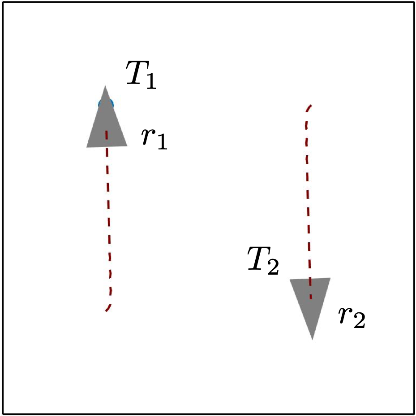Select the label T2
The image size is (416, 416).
(x=263, y=260)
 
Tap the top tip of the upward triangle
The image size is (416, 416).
(x=105, y=86)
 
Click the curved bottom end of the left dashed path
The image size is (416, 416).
(x=107, y=310)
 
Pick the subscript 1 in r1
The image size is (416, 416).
(x=162, y=142)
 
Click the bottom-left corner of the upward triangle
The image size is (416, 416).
(x=86, y=147)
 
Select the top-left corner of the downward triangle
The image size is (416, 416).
(x=290, y=280)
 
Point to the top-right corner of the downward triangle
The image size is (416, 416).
(x=330, y=278)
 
